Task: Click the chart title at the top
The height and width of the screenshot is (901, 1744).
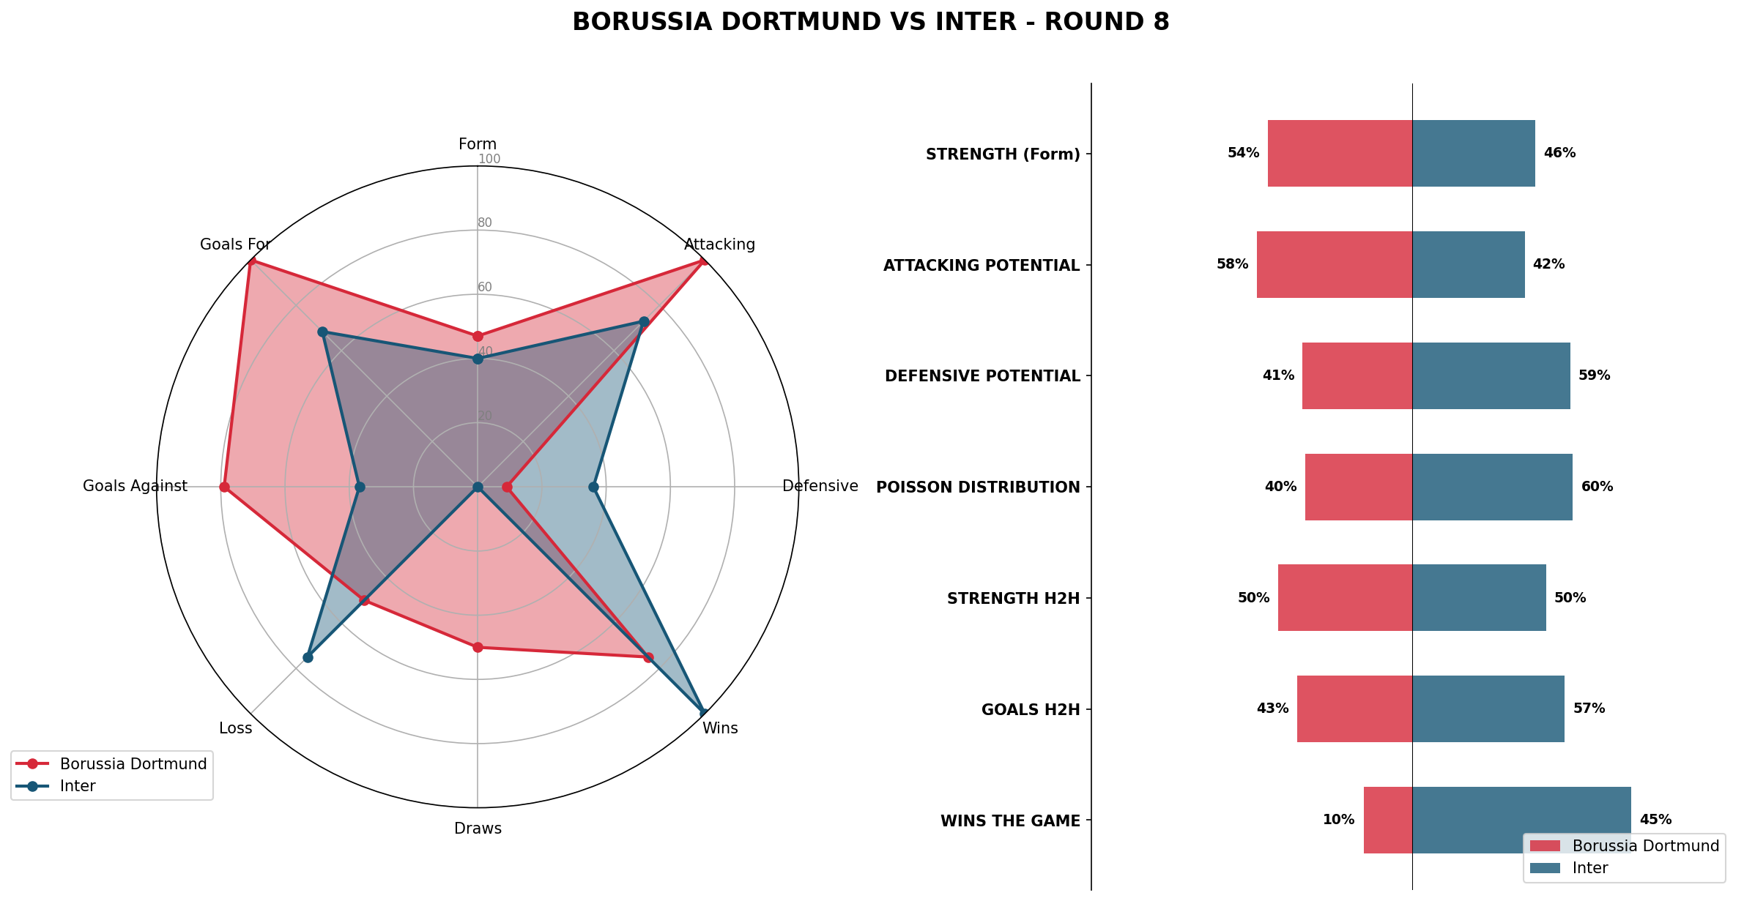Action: [870, 23]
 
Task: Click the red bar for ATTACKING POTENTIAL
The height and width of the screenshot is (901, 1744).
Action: [1334, 265]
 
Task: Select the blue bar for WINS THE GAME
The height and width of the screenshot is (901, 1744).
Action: [1521, 820]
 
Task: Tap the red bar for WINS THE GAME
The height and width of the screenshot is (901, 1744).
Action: [1387, 820]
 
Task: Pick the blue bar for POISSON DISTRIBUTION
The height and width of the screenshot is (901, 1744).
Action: [1492, 487]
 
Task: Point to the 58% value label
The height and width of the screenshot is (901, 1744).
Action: [1232, 265]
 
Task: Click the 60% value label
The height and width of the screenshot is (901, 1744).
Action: [1597, 487]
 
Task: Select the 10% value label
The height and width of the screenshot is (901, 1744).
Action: [1338, 820]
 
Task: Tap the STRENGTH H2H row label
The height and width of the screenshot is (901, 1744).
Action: [1013, 599]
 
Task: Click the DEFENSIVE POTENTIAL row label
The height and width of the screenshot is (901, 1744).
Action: [982, 376]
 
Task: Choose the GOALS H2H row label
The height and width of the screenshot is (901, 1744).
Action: [1031, 709]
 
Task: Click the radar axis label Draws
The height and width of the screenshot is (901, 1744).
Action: [478, 829]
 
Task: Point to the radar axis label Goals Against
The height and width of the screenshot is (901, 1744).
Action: [135, 486]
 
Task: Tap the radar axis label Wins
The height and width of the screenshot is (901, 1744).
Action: [720, 728]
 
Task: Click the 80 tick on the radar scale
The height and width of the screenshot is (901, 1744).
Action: [485, 223]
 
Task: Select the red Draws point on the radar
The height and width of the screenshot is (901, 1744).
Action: [478, 647]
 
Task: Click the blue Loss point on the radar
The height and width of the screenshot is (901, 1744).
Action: [308, 657]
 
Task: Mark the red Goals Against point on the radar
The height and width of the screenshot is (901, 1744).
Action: [224, 487]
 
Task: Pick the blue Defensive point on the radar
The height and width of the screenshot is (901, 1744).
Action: [593, 487]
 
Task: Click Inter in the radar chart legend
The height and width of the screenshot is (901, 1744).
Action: [78, 786]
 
